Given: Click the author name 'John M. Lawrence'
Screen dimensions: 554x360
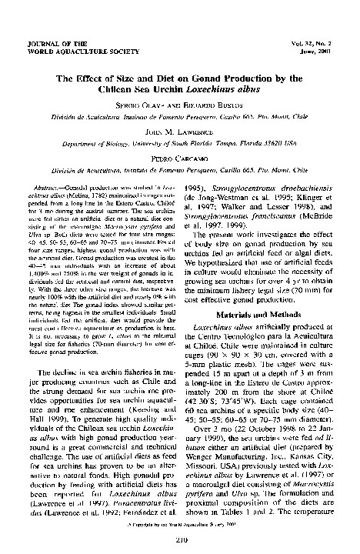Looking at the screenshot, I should [179, 132].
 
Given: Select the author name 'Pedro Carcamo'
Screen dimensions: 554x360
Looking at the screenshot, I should [179, 163].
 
